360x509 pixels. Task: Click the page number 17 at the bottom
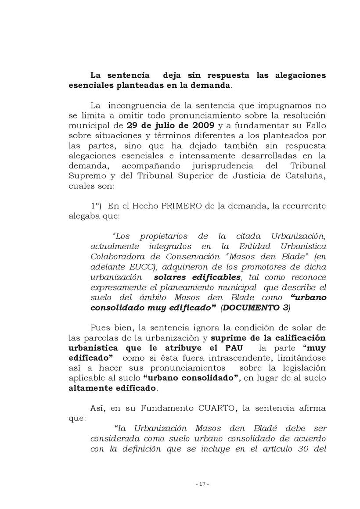click(x=202, y=484)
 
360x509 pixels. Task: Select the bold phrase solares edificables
click(x=198, y=277)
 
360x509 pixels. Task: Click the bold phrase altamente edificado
click(x=112, y=388)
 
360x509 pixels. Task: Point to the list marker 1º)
click(x=97, y=206)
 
